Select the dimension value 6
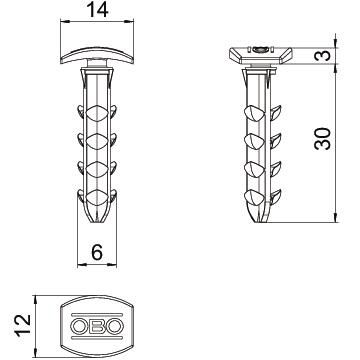tap(97, 255)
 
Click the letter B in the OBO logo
tap(97, 327)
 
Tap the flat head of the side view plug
tap(261, 50)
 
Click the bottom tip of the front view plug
tap(97, 221)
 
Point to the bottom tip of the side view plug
tap(261, 221)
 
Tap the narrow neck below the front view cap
tap(97, 66)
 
